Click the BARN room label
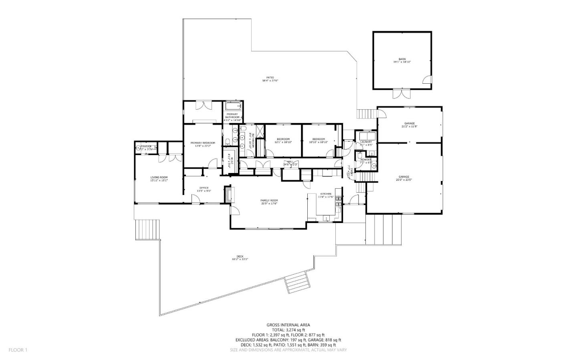coord(402,59)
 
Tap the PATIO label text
coord(270,77)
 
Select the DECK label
coord(240,256)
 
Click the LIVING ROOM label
coord(159,177)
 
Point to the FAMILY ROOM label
coord(269,200)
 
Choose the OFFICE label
coord(204,188)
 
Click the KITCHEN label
coord(325,193)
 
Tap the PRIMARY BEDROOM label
coord(203,143)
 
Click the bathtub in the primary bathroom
coord(233,106)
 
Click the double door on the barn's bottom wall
coord(401,94)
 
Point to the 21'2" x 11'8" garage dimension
coord(409,127)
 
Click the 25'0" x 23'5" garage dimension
coord(403,180)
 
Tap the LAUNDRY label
coord(366,142)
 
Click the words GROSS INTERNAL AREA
coord(288,325)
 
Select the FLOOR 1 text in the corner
coord(18,350)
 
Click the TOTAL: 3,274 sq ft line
coord(288,330)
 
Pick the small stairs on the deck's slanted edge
coord(298,282)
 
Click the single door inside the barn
coord(428,79)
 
